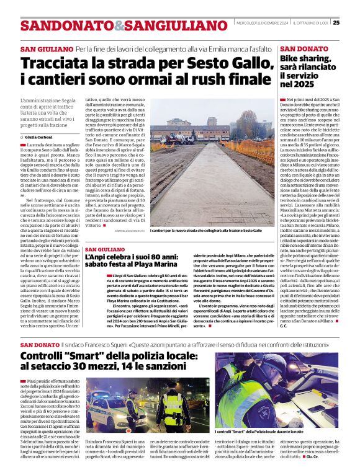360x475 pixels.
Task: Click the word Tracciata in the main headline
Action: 60,64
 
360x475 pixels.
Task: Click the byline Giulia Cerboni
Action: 38,136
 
